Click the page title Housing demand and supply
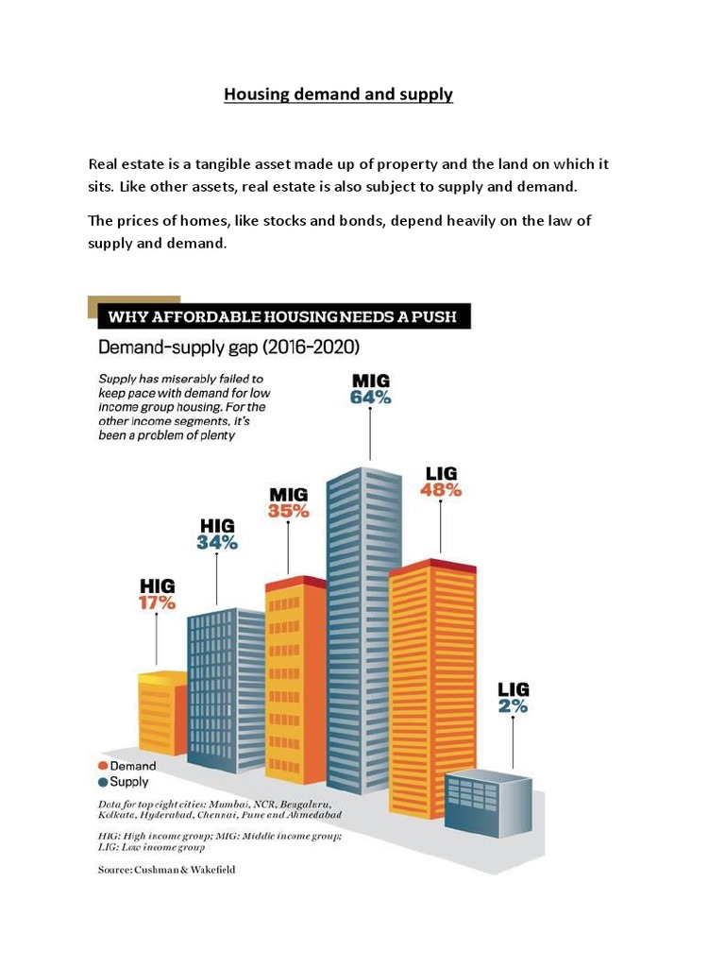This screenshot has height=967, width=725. point(338,95)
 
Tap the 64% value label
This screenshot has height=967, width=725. point(370,398)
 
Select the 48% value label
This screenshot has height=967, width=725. point(442,489)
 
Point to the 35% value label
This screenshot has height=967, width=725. point(289,511)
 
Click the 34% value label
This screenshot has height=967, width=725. point(217,542)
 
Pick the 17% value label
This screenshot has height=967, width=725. point(158,602)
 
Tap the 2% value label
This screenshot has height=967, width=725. point(514,705)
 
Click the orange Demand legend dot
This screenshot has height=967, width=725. point(103,766)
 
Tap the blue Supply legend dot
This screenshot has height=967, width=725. point(103,782)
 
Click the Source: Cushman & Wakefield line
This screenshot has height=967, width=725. point(167,870)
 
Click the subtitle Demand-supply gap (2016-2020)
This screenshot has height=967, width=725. point(228,348)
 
